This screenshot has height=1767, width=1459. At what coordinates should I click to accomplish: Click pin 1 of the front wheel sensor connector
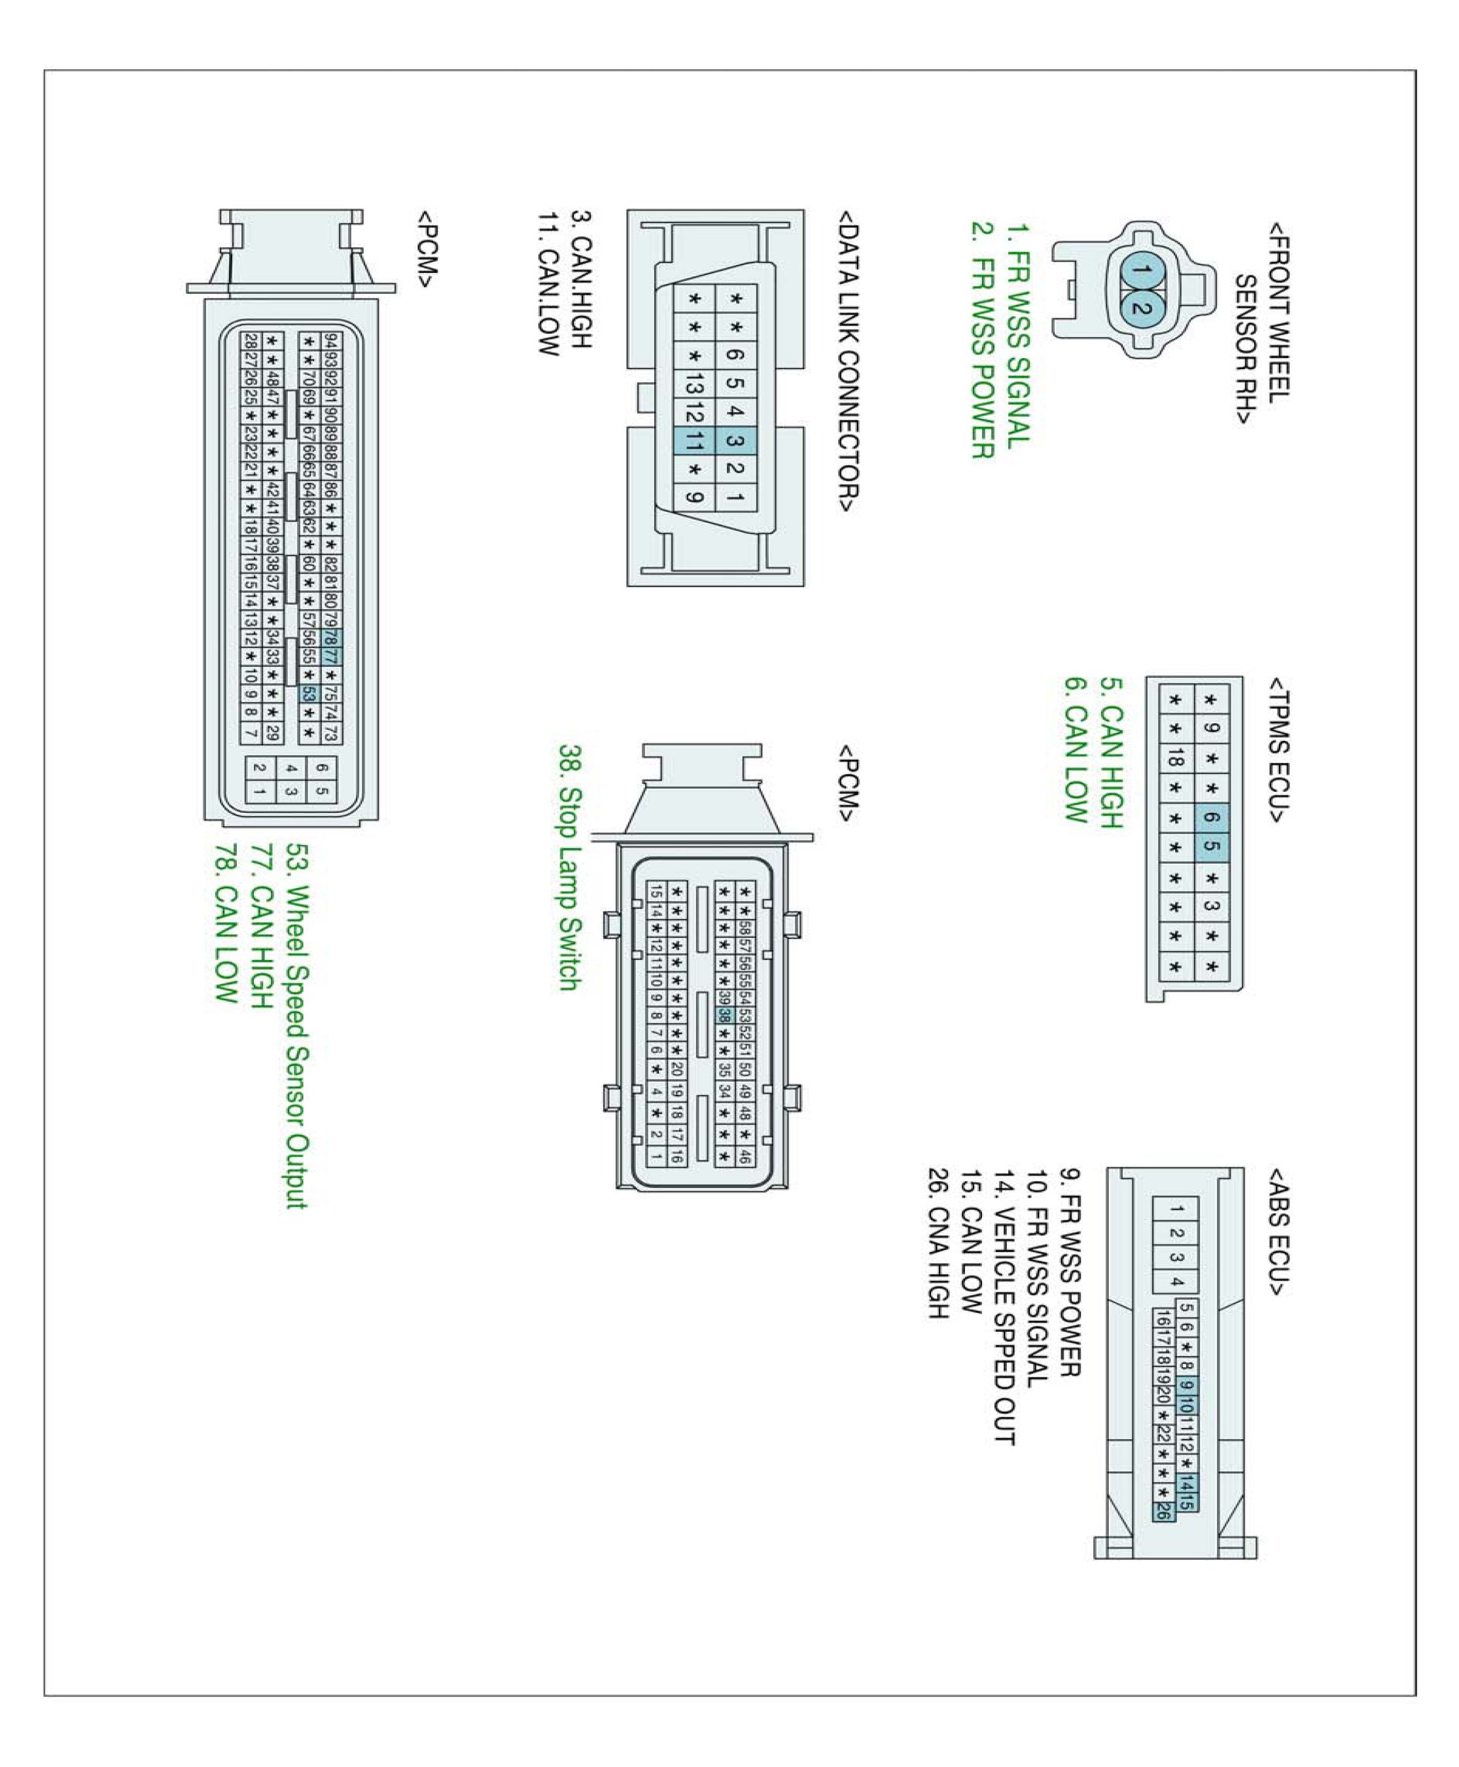(x=1140, y=271)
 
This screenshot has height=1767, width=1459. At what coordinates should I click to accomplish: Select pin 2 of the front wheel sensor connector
(x=1140, y=308)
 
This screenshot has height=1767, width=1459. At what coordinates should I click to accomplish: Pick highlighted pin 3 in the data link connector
(x=735, y=440)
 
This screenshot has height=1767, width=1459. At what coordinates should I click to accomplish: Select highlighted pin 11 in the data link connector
(x=694, y=440)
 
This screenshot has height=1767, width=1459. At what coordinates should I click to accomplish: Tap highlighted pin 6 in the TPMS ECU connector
(x=1211, y=817)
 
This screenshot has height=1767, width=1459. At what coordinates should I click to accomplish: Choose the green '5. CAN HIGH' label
(x=1111, y=766)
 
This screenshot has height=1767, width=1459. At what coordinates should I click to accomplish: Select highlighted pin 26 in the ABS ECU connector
(x=1163, y=1509)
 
